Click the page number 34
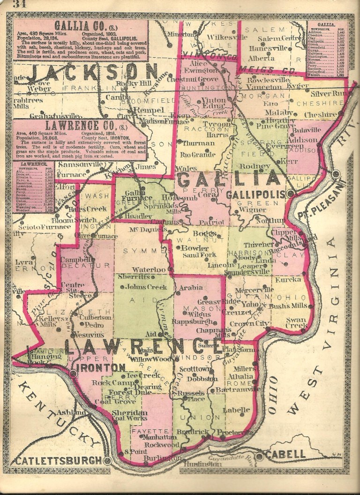pyautogui.click(x=20, y=5)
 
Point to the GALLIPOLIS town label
pyautogui.click(x=262, y=194)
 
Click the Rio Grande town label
pyautogui.click(x=198, y=154)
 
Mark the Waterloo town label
pyautogui.click(x=149, y=270)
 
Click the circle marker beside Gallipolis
pyautogui.click(x=291, y=193)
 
